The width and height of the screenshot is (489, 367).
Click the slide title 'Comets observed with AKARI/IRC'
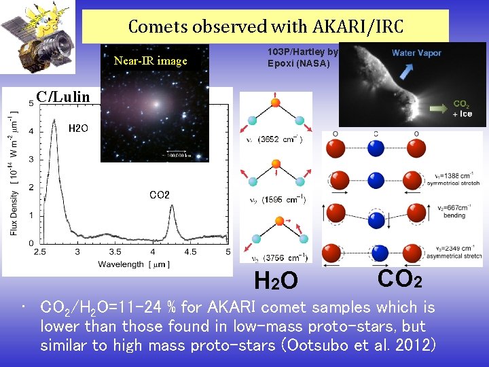[x=266, y=27]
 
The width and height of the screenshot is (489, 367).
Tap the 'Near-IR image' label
[x=150, y=61]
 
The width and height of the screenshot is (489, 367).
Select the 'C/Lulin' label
[x=62, y=97]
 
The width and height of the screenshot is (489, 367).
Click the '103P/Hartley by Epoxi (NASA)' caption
[x=302, y=58]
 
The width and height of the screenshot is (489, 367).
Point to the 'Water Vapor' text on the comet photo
[x=416, y=53]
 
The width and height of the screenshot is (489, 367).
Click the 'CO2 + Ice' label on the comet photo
[x=462, y=109]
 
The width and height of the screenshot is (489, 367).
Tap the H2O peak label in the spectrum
[x=78, y=128]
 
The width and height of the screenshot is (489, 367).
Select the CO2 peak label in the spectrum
[x=159, y=195]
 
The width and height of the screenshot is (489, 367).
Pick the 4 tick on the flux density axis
[x=31, y=130]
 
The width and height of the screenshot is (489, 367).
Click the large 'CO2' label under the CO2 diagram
[x=399, y=278]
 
